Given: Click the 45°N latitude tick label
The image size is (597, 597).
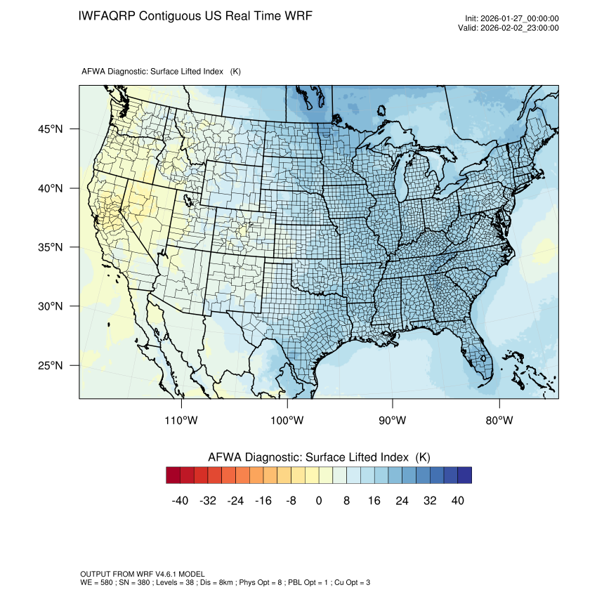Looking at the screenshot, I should coord(50,129).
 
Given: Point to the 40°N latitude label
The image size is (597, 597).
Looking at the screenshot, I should coord(50,188).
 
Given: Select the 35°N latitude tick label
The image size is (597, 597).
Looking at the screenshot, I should coord(50,247).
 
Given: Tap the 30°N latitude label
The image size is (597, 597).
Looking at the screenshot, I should coord(50,306).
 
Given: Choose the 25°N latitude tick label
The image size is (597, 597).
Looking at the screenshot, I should coord(50,366).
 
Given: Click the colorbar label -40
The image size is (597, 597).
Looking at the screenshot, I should coord(181,501).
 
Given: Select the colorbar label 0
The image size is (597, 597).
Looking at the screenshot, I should coord(319,501).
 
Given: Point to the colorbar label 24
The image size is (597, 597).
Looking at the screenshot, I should coord(402,501).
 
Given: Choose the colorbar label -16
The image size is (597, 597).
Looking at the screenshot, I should coord(263,501).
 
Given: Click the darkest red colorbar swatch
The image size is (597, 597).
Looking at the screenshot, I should coord(173,475).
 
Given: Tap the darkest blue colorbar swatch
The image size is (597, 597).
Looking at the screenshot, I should coord(464,475).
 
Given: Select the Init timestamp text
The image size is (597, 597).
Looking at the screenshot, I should coord(512,19).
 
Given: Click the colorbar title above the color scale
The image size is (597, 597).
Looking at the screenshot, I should coord(319,457).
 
